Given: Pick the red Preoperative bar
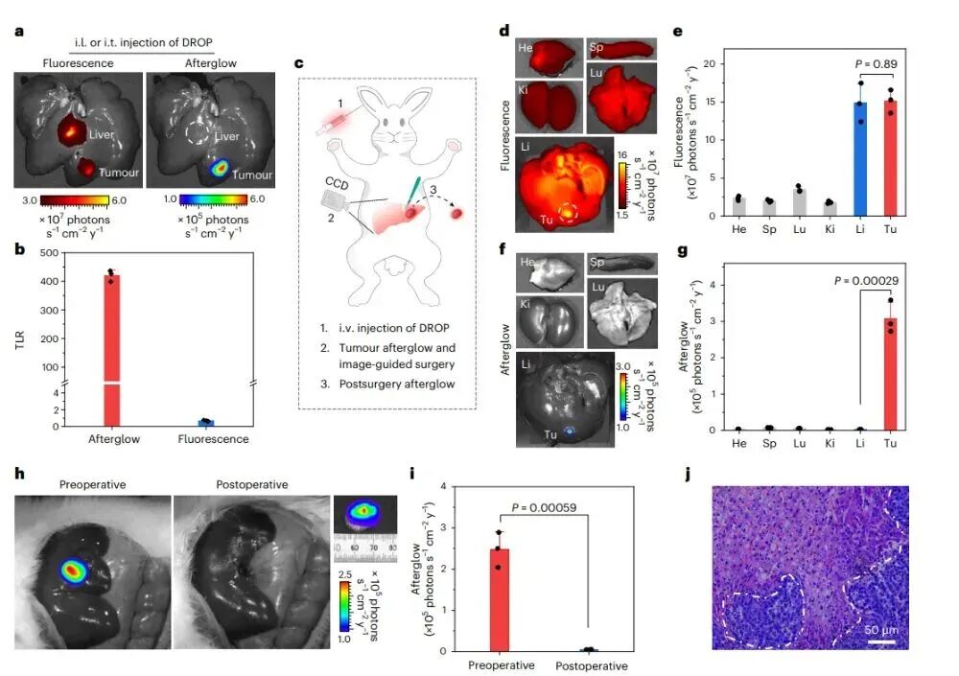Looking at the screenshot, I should (499, 599).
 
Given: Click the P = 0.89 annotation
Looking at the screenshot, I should (876, 64).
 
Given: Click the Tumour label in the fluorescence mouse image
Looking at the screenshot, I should (119, 174).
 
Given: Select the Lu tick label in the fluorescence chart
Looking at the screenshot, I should (798, 229).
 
